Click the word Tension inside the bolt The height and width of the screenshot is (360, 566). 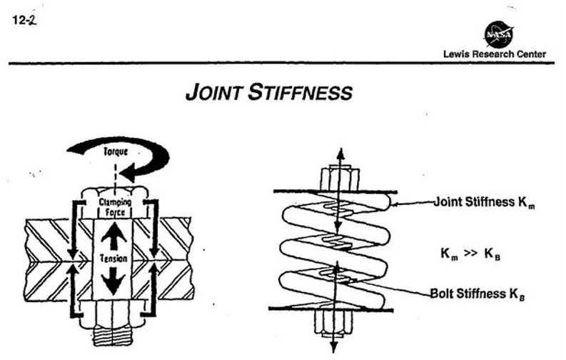click(113, 258)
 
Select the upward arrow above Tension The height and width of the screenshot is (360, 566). click(113, 235)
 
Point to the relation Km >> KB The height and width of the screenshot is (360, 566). click(471, 253)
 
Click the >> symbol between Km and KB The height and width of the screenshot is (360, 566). click(471, 253)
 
